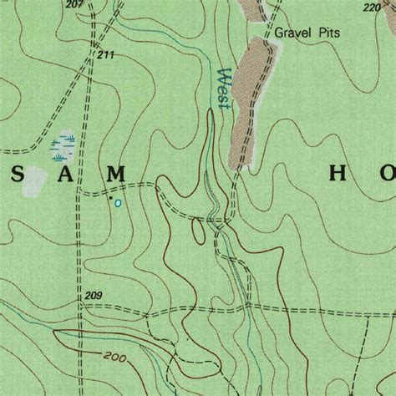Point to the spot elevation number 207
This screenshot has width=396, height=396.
coord(74,5)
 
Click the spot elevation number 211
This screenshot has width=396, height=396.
coord(104,55)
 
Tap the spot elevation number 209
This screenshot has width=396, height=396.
coord(94,297)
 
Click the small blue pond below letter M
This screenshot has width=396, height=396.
coord(118,202)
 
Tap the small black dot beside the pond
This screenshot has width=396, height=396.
coord(109,199)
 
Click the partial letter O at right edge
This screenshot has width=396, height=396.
coord(388,174)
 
